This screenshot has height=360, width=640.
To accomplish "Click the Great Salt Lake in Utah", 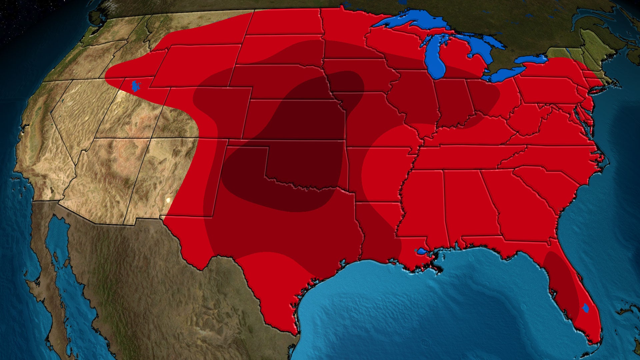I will (x=135, y=86).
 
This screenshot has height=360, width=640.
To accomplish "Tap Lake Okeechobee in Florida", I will (x=586, y=308).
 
